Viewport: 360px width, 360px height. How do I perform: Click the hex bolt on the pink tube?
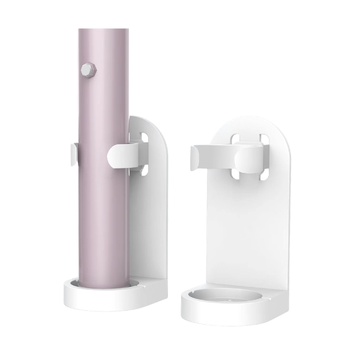(88, 70)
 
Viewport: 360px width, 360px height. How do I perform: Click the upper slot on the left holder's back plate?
(145, 137)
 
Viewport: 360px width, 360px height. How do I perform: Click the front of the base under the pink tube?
(99, 302)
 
